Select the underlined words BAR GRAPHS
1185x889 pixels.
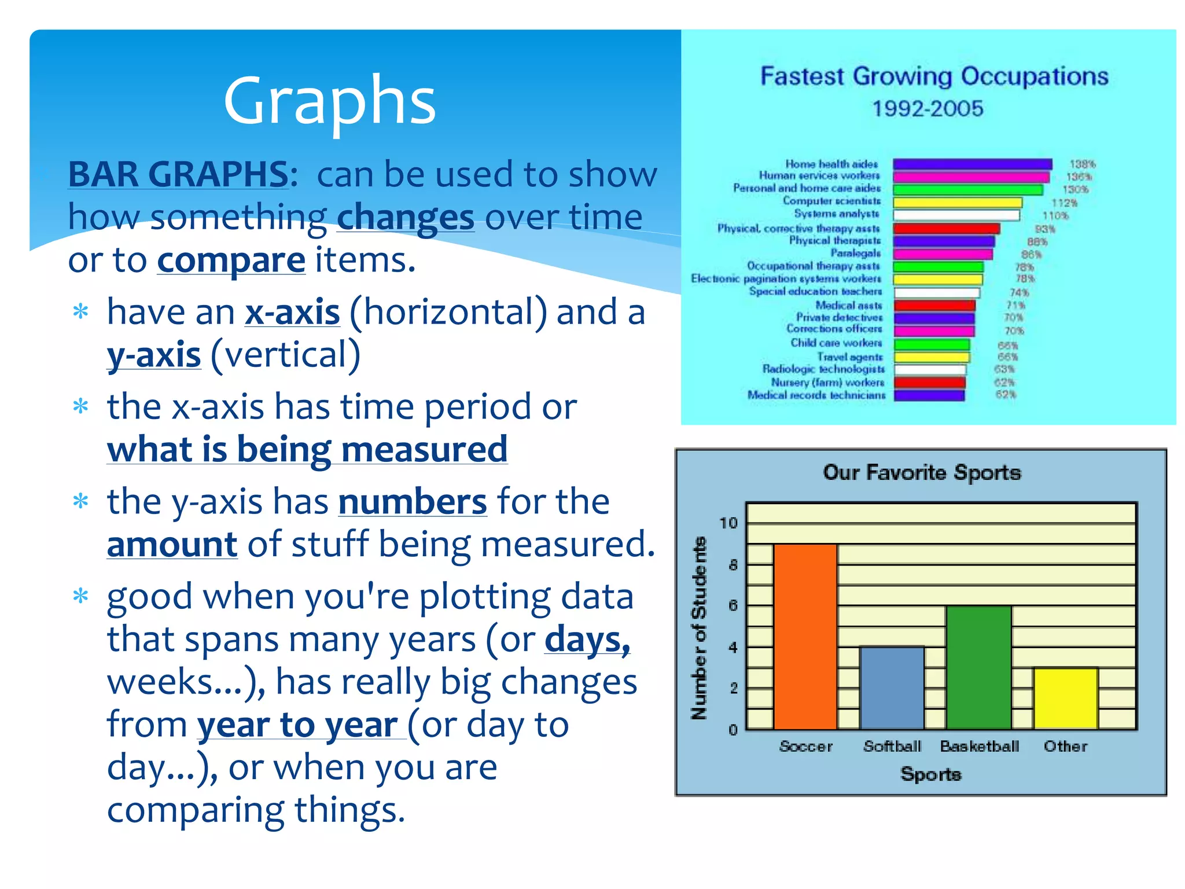[178, 174]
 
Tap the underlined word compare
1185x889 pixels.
[231, 260]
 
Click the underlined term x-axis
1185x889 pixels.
[292, 313]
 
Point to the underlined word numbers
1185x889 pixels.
[413, 501]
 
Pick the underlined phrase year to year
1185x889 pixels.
[301, 725]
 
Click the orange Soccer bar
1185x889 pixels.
[805, 637]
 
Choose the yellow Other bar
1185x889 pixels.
[1065, 698]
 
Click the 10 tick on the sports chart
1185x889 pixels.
[728, 523]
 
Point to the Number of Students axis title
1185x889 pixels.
[700, 628]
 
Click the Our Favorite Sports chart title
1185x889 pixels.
[922, 472]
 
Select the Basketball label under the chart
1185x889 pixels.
[979, 747]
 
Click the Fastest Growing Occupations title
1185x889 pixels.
[934, 76]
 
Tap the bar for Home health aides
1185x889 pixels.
[972, 164]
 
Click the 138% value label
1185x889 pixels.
[1081, 164]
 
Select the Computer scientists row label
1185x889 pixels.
[831, 201]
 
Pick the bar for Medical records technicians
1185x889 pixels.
[929, 395]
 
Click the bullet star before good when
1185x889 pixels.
[81, 596]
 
